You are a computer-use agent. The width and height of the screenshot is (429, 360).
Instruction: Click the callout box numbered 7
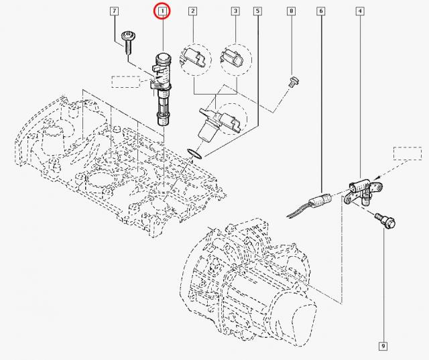tap(114, 12)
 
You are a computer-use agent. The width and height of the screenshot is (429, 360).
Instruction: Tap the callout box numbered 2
tap(192, 12)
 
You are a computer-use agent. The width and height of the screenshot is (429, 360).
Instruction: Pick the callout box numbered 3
tap(235, 12)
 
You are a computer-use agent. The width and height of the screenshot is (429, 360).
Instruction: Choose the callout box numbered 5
tap(258, 12)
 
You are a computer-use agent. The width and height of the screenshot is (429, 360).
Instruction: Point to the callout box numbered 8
tap(291, 12)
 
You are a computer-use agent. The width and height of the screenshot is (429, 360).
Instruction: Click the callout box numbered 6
tap(321, 12)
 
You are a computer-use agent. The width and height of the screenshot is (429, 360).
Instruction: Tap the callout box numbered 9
tap(382, 346)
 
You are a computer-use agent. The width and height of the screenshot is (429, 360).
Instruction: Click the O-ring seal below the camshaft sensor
tap(195, 154)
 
